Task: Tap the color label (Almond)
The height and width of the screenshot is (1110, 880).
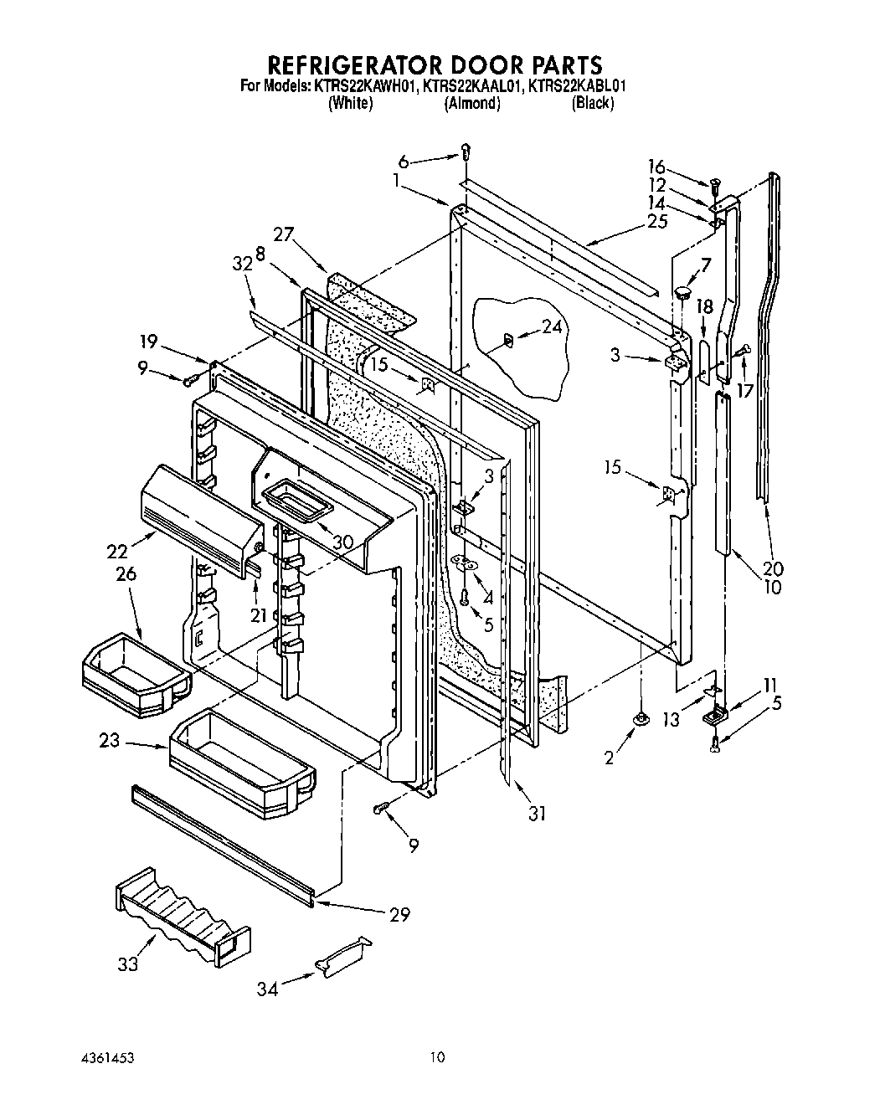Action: click(x=472, y=103)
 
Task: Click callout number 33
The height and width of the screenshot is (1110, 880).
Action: click(x=127, y=964)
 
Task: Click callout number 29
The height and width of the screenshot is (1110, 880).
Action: click(x=399, y=914)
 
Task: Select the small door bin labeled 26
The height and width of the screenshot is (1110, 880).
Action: click(x=134, y=674)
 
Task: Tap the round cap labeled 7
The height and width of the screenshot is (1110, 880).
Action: click(x=682, y=291)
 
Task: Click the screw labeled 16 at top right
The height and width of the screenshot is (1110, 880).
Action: click(x=714, y=182)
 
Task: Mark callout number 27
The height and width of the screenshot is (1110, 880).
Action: click(x=283, y=234)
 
